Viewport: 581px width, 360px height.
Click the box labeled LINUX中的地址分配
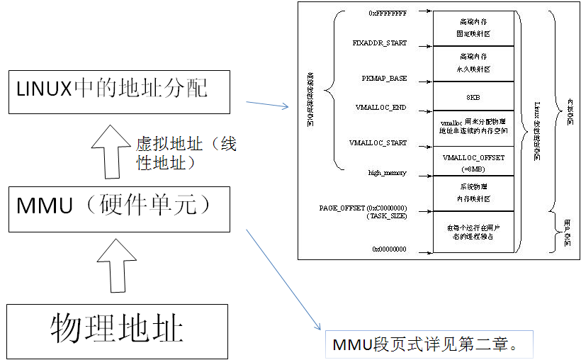click(x=119, y=91)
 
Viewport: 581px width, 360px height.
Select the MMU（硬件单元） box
click(x=119, y=208)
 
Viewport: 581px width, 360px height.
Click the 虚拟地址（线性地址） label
click(x=186, y=154)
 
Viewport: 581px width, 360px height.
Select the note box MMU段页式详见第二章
click(x=427, y=345)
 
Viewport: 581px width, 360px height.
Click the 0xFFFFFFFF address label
click(x=388, y=12)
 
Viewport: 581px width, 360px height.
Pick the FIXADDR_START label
click(x=380, y=43)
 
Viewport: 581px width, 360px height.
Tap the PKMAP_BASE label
click(x=383, y=78)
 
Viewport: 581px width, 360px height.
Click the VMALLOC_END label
click(x=381, y=108)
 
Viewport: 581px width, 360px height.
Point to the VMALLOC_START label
click(x=378, y=142)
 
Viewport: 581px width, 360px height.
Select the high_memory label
click(x=388, y=172)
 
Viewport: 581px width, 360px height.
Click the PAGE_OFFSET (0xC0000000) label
click(x=363, y=208)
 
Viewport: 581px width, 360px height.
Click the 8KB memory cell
click(x=473, y=95)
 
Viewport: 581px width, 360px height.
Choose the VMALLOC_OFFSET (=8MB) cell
click(x=473, y=162)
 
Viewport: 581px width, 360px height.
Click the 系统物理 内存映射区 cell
click(x=473, y=194)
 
